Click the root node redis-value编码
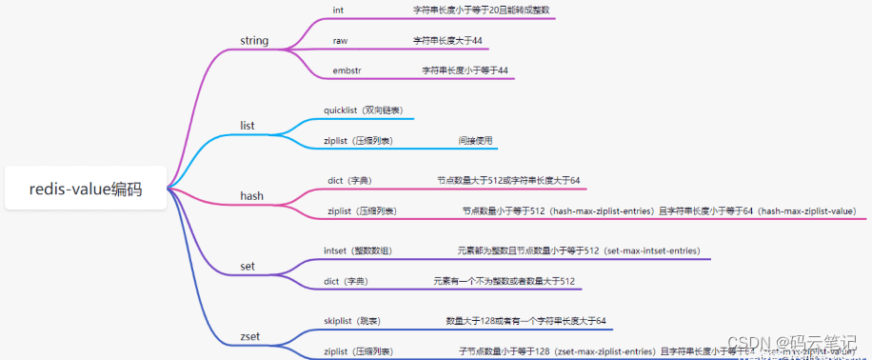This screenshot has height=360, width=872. point(86,189)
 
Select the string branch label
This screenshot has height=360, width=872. point(254,41)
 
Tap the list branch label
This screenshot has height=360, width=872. point(247,126)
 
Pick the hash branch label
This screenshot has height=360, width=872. point(251,196)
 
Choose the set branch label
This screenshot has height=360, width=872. point(248,266)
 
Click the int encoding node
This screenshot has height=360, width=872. point(338,10)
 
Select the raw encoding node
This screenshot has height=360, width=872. point(340,41)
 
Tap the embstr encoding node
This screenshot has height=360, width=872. point(347,70)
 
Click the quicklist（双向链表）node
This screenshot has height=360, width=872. point(361,110)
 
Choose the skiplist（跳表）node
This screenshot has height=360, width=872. point(357,321)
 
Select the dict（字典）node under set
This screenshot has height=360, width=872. point(345,281)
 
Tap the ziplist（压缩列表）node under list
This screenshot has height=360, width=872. point(359,141)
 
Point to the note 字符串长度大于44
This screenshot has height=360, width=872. point(446,41)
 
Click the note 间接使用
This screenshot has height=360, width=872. point(475,141)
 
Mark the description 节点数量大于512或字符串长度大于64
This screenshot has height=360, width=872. point(508,180)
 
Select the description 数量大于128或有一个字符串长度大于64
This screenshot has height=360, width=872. point(525,321)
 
